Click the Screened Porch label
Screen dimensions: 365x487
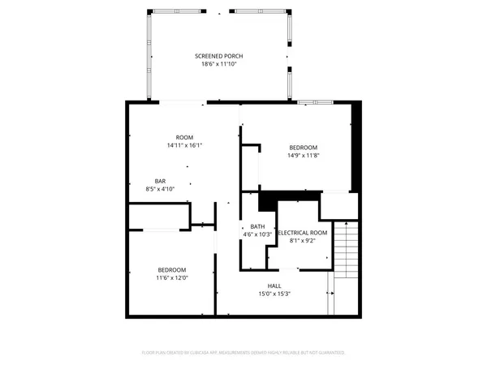click(219, 56)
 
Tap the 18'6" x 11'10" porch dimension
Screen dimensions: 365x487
click(219, 64)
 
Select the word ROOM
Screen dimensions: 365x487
click(183, 137)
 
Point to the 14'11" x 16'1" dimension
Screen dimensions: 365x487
click(183, 145)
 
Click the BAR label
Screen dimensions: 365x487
click(161, 181)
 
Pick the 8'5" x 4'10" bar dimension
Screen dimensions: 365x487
click(161, 189)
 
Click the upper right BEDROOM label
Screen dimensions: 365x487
click(303, 147)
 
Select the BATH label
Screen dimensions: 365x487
click(257, 226)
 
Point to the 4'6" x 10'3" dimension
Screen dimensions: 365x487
click(257, 234)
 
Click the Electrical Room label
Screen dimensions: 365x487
click(303, 233)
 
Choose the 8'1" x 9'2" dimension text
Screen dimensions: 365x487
click(303, 241)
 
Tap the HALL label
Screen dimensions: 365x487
click(275, 285)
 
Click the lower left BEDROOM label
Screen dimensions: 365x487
click(171, 269)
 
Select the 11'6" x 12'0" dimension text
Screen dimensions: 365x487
click(171, 277)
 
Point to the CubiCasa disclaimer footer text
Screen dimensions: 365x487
click(243, 353)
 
